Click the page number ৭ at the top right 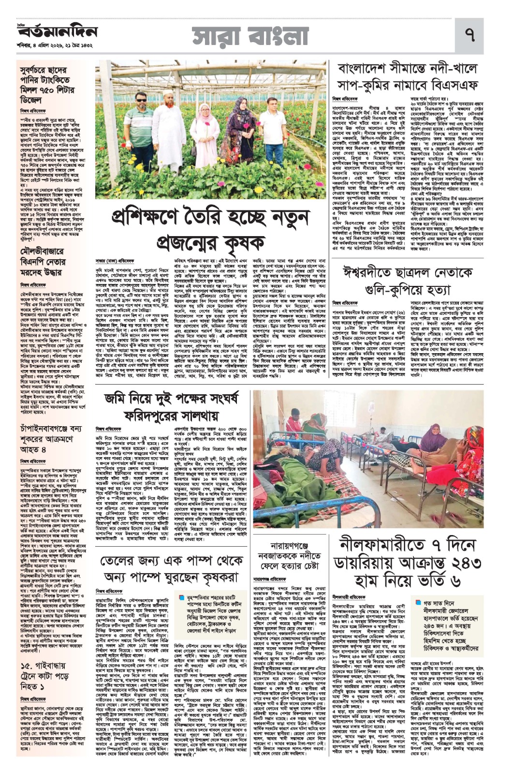pos(468,36)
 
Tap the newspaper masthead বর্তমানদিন pos(58,32)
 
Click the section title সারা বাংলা pos(252,35)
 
